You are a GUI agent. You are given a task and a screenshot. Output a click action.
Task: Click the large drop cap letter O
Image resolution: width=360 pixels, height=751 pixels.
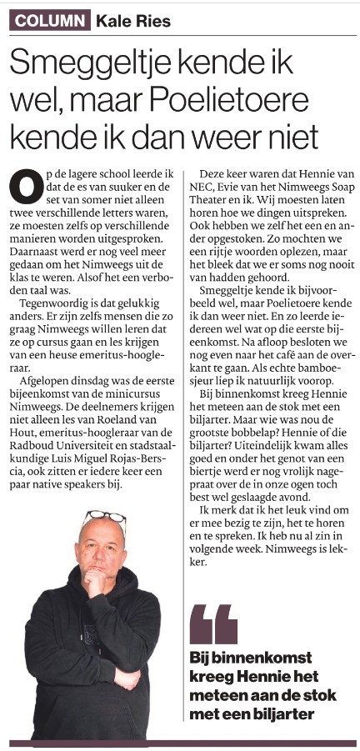pos(26,184)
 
